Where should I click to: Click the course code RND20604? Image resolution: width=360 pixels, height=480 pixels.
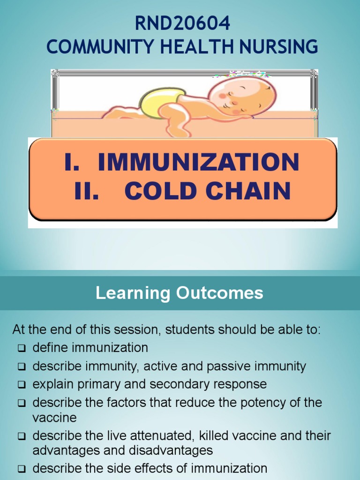182,23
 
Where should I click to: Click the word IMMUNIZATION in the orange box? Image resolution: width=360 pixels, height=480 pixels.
198,162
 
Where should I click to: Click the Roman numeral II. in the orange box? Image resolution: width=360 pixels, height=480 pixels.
87,191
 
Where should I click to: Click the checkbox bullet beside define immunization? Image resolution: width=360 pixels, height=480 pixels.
22,348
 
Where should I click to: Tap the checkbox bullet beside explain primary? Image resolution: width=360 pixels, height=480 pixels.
22,385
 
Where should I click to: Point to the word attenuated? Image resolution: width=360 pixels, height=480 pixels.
163,435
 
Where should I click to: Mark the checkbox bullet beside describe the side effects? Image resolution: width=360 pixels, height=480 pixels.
22,468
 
